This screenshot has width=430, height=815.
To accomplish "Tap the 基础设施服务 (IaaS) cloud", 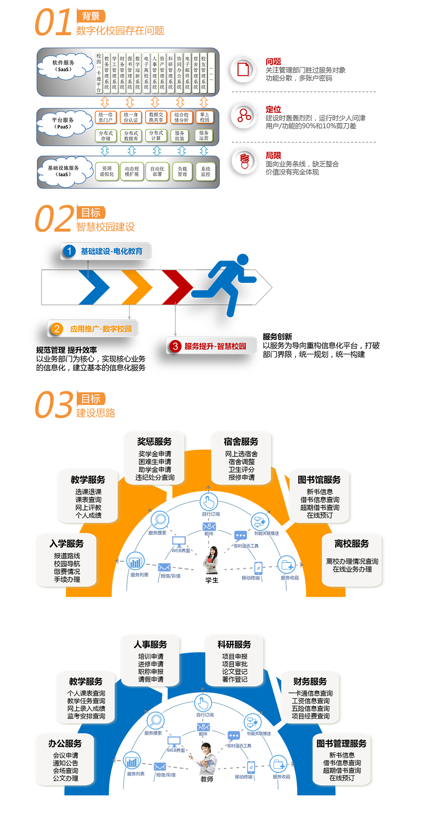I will pyautogui.click(x=64, y=171).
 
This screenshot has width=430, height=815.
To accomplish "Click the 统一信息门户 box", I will pyautogui.click(x=106, y=117).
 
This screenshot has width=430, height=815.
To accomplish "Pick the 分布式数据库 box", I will pyautogui.click(x=131, y=135).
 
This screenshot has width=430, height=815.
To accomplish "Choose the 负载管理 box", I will pyautogui.click(x=182, y=172).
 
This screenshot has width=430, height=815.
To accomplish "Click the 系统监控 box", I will pyautogui.click(x=206, y=172).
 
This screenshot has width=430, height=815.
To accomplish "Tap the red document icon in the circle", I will pyautogui.click(x=244, y=69).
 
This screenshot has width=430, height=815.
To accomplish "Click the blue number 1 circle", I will pyautogui.click(x=69, y=251).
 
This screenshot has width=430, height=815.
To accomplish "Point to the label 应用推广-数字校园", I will pyautogui.click(x=101, y=329).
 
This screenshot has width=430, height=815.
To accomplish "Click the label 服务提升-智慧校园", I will pyautogui.click(x=215, y=346).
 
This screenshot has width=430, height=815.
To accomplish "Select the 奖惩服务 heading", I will pyautogui.click(x=154, y=442).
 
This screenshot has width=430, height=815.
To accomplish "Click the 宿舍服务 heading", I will pyautogui.click(x=241, y=442).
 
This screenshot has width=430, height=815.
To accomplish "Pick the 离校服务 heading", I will pyautogui.click(x=352, y=544).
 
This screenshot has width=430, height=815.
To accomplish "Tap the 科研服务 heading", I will pyautogui.click(x=235, y=644).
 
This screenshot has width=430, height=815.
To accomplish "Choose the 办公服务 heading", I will pyautogui.click(x=65, y=744).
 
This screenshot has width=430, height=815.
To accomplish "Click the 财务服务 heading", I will pyautogui.click(x=310, y=682).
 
